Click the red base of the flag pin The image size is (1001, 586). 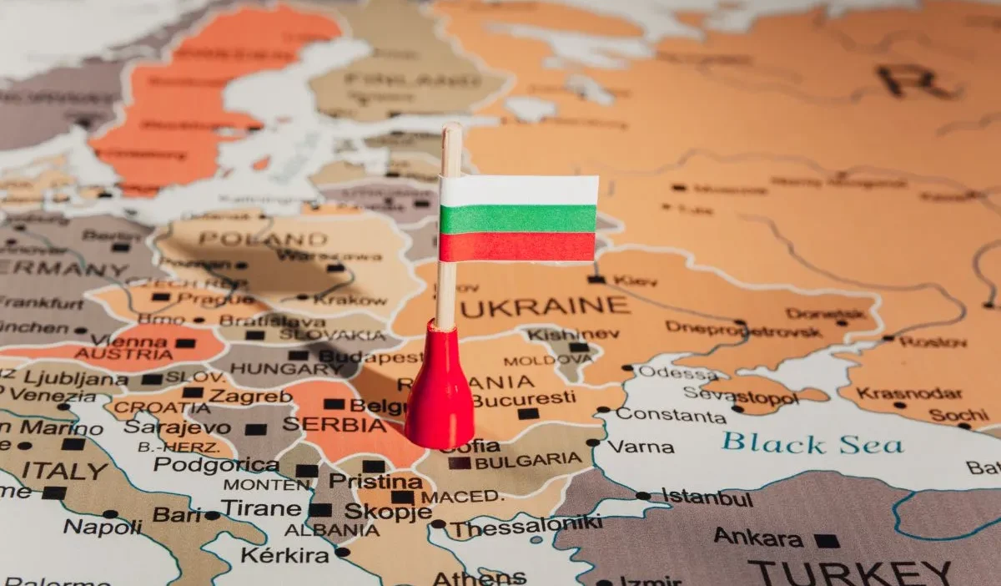pyautogui.click(x=440, y=392)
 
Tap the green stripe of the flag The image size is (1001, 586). pyautogui.click(x=517, y=220)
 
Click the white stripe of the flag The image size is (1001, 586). pyautogui.click(x=518, y=191)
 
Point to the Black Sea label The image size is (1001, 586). pyautogui.click(x=812, y=442)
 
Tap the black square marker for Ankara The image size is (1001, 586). pyautogui.click(x=827, y=540)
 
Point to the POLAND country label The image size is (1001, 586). pyautogui.click(x=263, y=239)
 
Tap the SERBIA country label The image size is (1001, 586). pyautogui.click(x=334, y=424)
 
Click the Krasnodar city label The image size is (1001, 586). pyautogui.click(x=897, y=393)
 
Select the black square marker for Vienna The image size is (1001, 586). pyautogui.click(x=185, y=342)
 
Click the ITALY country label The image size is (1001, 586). pyautogui.click(x=65, y=470)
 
